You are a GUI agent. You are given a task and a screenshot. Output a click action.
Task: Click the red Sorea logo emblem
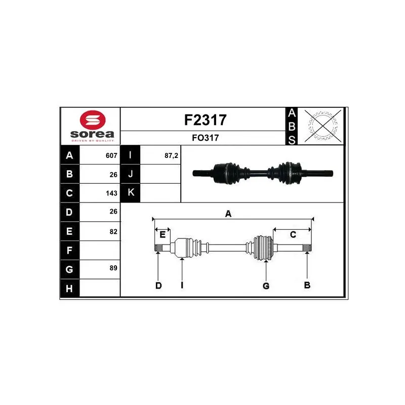93,120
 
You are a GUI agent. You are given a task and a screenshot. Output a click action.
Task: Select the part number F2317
206,120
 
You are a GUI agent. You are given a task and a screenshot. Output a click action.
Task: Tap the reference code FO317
206,138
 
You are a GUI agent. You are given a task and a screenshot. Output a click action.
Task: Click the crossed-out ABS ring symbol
322,126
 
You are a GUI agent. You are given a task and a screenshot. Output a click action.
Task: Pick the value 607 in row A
111,155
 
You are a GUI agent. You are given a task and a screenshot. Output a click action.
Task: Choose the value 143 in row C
111,193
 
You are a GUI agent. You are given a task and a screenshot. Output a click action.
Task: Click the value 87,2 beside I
171,155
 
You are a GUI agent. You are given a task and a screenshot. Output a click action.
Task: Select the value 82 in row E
113,231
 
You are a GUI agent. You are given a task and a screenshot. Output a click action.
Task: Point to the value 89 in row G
113,268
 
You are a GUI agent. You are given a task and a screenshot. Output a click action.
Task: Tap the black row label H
69,288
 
